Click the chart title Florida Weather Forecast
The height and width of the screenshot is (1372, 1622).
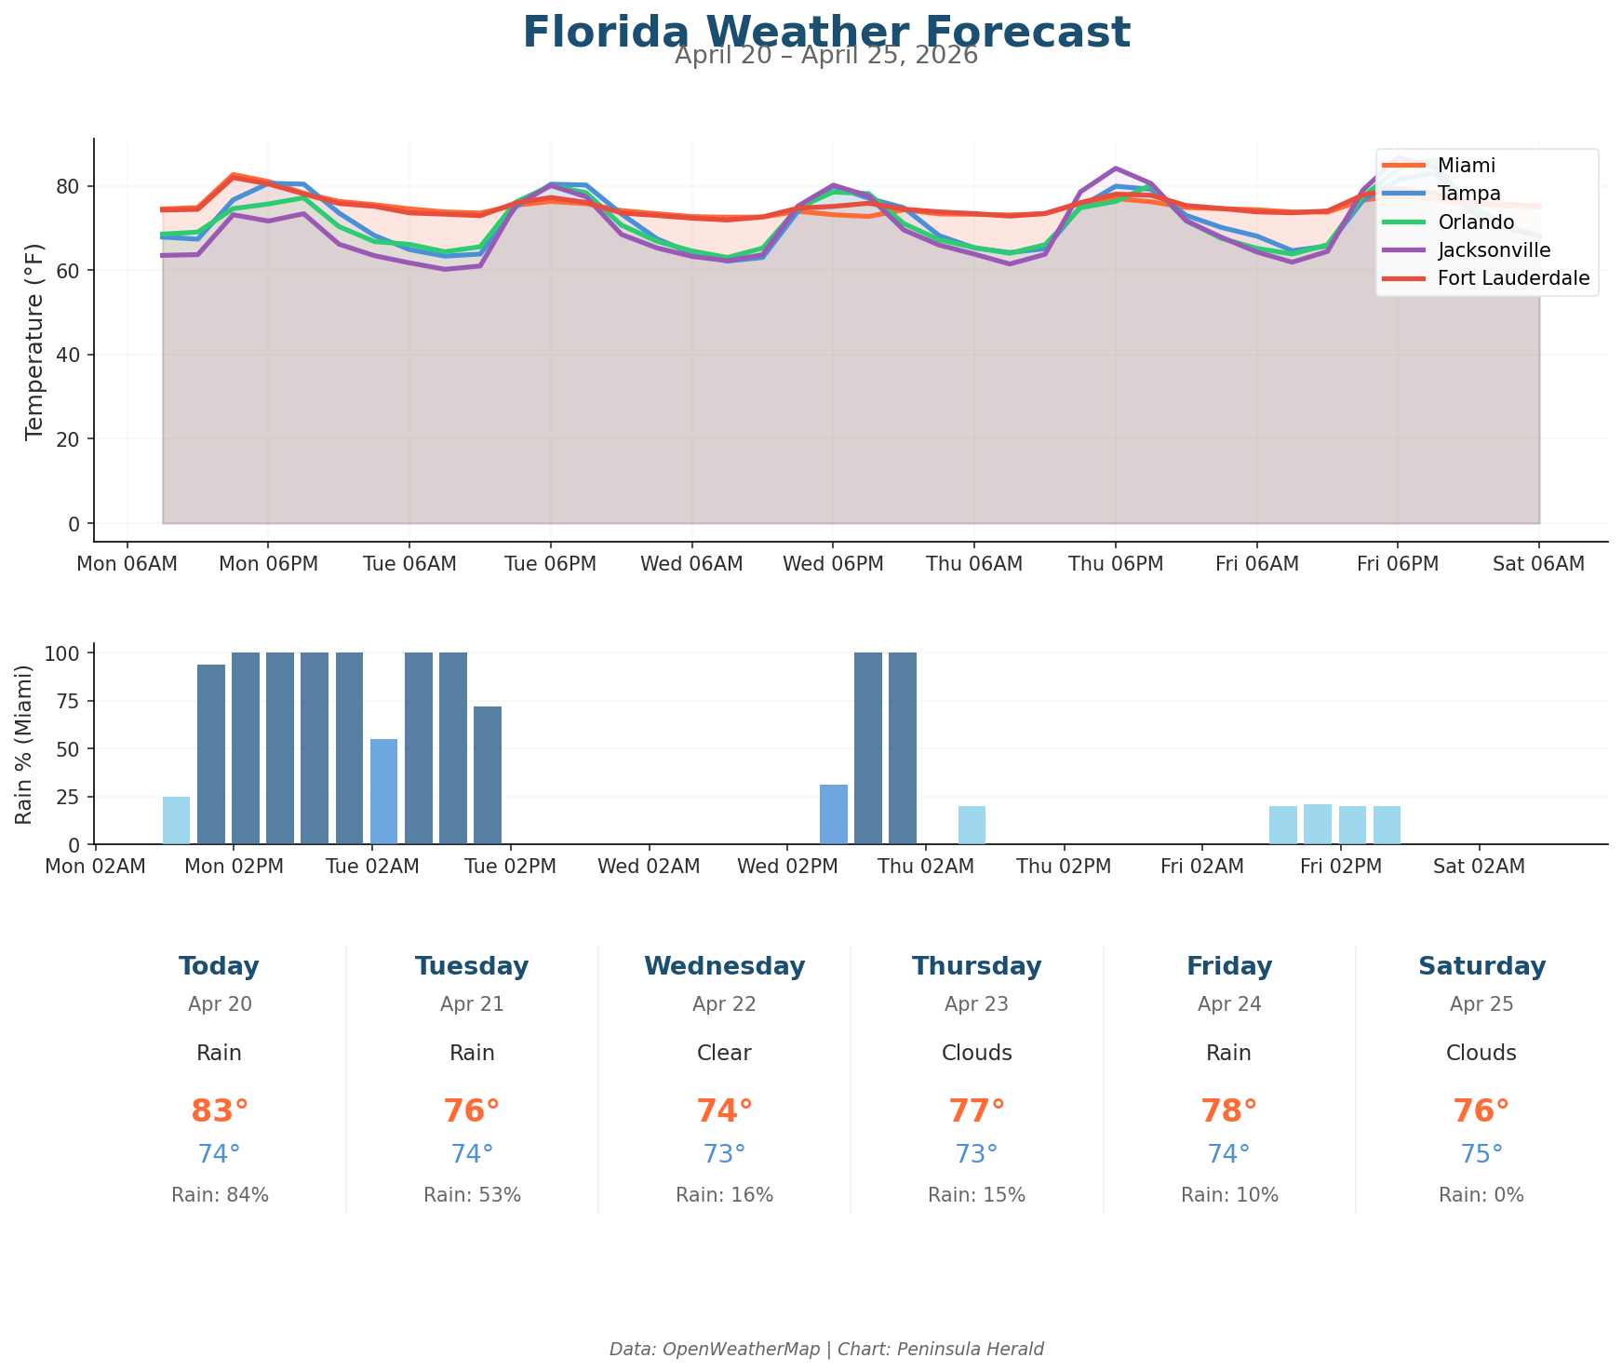pos(825,33)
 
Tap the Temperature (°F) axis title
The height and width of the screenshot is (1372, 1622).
pos(34,341)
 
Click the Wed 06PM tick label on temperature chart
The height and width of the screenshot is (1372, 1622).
pos(832,564)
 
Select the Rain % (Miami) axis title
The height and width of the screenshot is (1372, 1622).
pos(25,745)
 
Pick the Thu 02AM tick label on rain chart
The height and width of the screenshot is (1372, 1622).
pos(925,867)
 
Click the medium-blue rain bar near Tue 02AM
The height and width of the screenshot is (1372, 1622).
pos(383,791)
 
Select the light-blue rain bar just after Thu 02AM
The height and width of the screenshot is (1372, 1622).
pos(972,825)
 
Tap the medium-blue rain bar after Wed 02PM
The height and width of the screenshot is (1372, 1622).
pos(833,814)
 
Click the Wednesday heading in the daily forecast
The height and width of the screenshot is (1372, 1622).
pos(724,966)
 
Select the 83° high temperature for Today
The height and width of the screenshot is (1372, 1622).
pos(220,1111)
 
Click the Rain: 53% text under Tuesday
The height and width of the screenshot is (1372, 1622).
pos(472,1195)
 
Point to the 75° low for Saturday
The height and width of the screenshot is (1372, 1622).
pos(1481,1154)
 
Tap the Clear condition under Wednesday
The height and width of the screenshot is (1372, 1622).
pos(724,1054)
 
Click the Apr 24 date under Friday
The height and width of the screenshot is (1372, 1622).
pos(1228,1004)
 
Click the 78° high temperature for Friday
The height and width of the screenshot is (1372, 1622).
pos(1228,1111)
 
